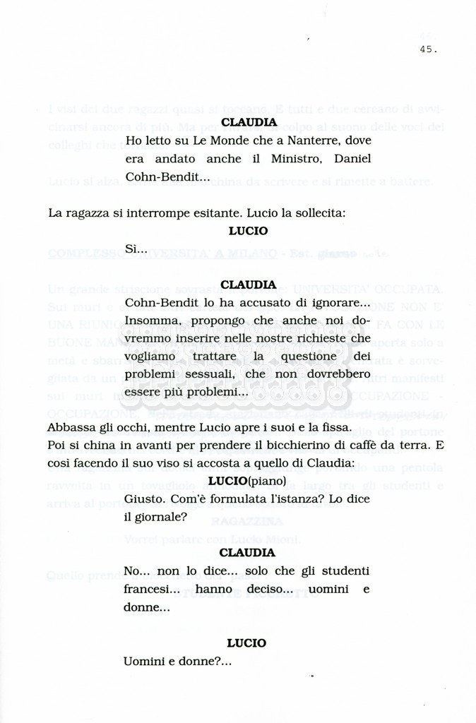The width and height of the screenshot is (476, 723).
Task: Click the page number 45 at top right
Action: (427, 49)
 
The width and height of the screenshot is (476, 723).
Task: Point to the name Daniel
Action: (353, 159)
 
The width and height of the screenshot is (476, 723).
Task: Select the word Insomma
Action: (148, 321)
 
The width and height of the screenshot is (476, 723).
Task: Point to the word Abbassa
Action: (71, 428)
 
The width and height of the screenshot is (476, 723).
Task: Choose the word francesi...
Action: (147, 588)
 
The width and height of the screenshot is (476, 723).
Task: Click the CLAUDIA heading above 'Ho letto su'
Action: (249, 122)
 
